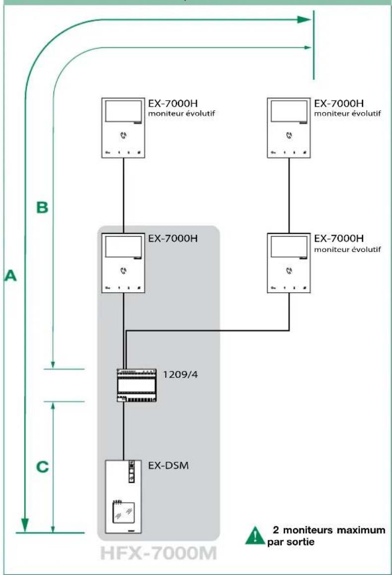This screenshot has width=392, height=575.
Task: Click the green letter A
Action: point(10,275)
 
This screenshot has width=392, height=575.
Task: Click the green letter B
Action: point(42,207)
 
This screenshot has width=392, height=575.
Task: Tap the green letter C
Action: point(43,466)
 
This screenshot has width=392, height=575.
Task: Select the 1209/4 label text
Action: point(180,375)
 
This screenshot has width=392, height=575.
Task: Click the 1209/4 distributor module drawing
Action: point(136,385)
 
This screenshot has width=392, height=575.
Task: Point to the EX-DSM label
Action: point(168,465)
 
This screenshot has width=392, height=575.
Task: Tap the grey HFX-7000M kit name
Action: point(158,553)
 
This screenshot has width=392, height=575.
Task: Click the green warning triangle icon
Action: point(255,536)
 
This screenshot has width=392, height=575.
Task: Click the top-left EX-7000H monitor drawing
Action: point(123,128)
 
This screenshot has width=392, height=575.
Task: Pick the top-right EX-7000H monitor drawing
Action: point(289,128)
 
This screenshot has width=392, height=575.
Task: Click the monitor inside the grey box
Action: point(123,263)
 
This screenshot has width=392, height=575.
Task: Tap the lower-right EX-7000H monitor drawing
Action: point(289,263)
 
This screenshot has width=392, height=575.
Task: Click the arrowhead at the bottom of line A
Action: point(25,525)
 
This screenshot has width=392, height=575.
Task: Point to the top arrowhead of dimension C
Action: point(53,406)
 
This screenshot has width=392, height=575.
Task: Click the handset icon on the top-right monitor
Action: point(289,135)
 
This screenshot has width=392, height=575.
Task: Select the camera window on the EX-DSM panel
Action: point(123,512)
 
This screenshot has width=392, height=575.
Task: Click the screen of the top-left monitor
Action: point(124,111)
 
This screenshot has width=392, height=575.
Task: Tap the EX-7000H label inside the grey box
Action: point(173,238)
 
